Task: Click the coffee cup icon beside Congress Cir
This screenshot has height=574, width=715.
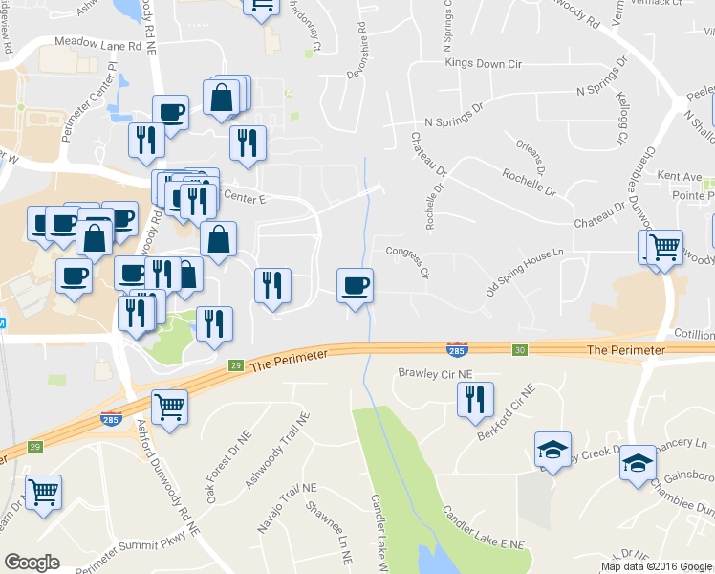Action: [356, 285]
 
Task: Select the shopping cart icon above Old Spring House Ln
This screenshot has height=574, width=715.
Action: [664, 247]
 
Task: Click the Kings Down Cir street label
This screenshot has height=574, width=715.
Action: [484, 63]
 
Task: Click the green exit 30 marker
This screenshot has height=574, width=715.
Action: [520, 350]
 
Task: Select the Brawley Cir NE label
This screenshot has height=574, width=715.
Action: [436, 373]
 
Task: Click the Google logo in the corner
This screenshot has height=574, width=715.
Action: [32, 563]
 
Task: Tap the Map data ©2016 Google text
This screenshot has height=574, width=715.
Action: [656, 566]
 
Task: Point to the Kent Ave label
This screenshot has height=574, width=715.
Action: [680, 177]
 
